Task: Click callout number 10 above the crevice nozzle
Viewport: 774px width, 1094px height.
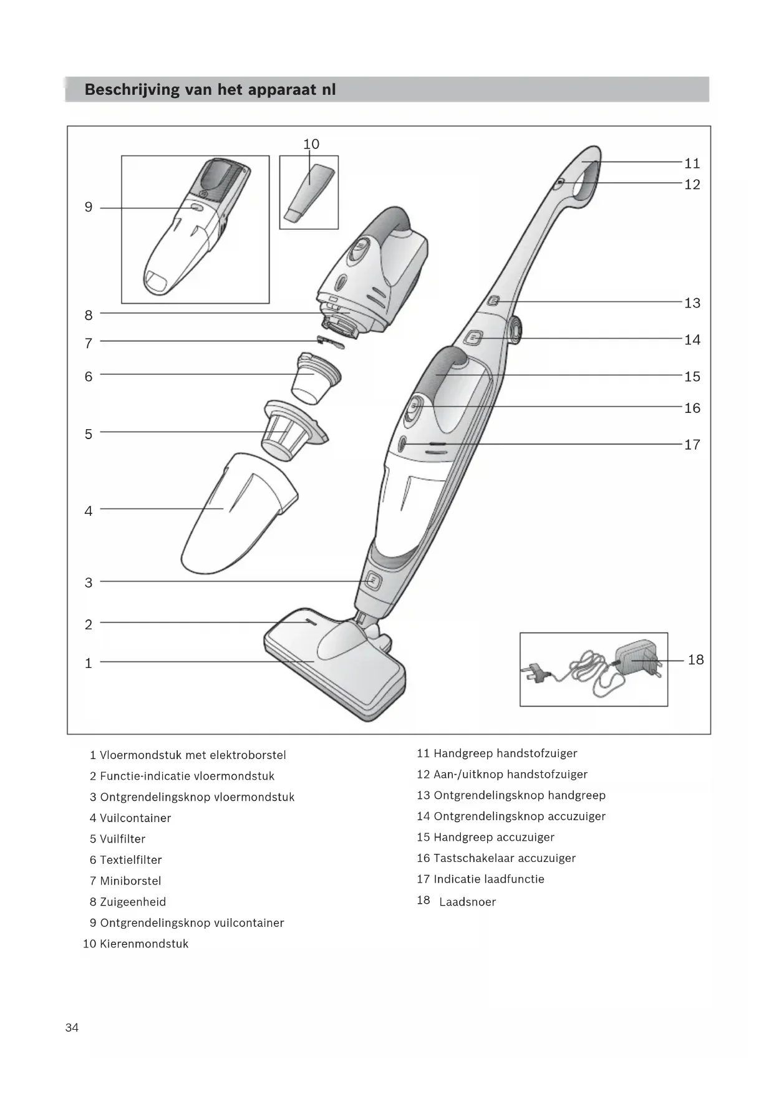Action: [311, 144]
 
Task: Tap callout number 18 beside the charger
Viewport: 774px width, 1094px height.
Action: [695, 660]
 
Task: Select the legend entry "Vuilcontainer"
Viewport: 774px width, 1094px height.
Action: [135, 818]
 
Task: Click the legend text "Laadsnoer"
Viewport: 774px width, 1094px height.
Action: [467, 902]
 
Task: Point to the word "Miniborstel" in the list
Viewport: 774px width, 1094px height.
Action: [130, 881]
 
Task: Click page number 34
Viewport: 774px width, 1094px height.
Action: [72, 1028]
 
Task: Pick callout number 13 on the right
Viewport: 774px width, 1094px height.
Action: [692, 303]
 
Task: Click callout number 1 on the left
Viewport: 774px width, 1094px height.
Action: [89, 663]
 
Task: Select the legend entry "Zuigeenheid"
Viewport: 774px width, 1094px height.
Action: [132, 902]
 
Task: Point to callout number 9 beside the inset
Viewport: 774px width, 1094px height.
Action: [89, 207]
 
